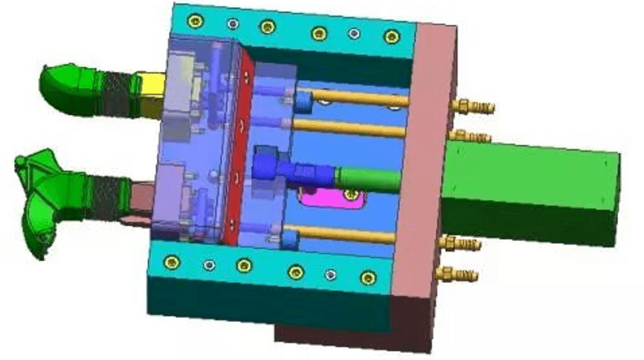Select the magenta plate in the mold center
[329, 200]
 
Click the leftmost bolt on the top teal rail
[192, 21]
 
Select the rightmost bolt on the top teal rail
[390, 36]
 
